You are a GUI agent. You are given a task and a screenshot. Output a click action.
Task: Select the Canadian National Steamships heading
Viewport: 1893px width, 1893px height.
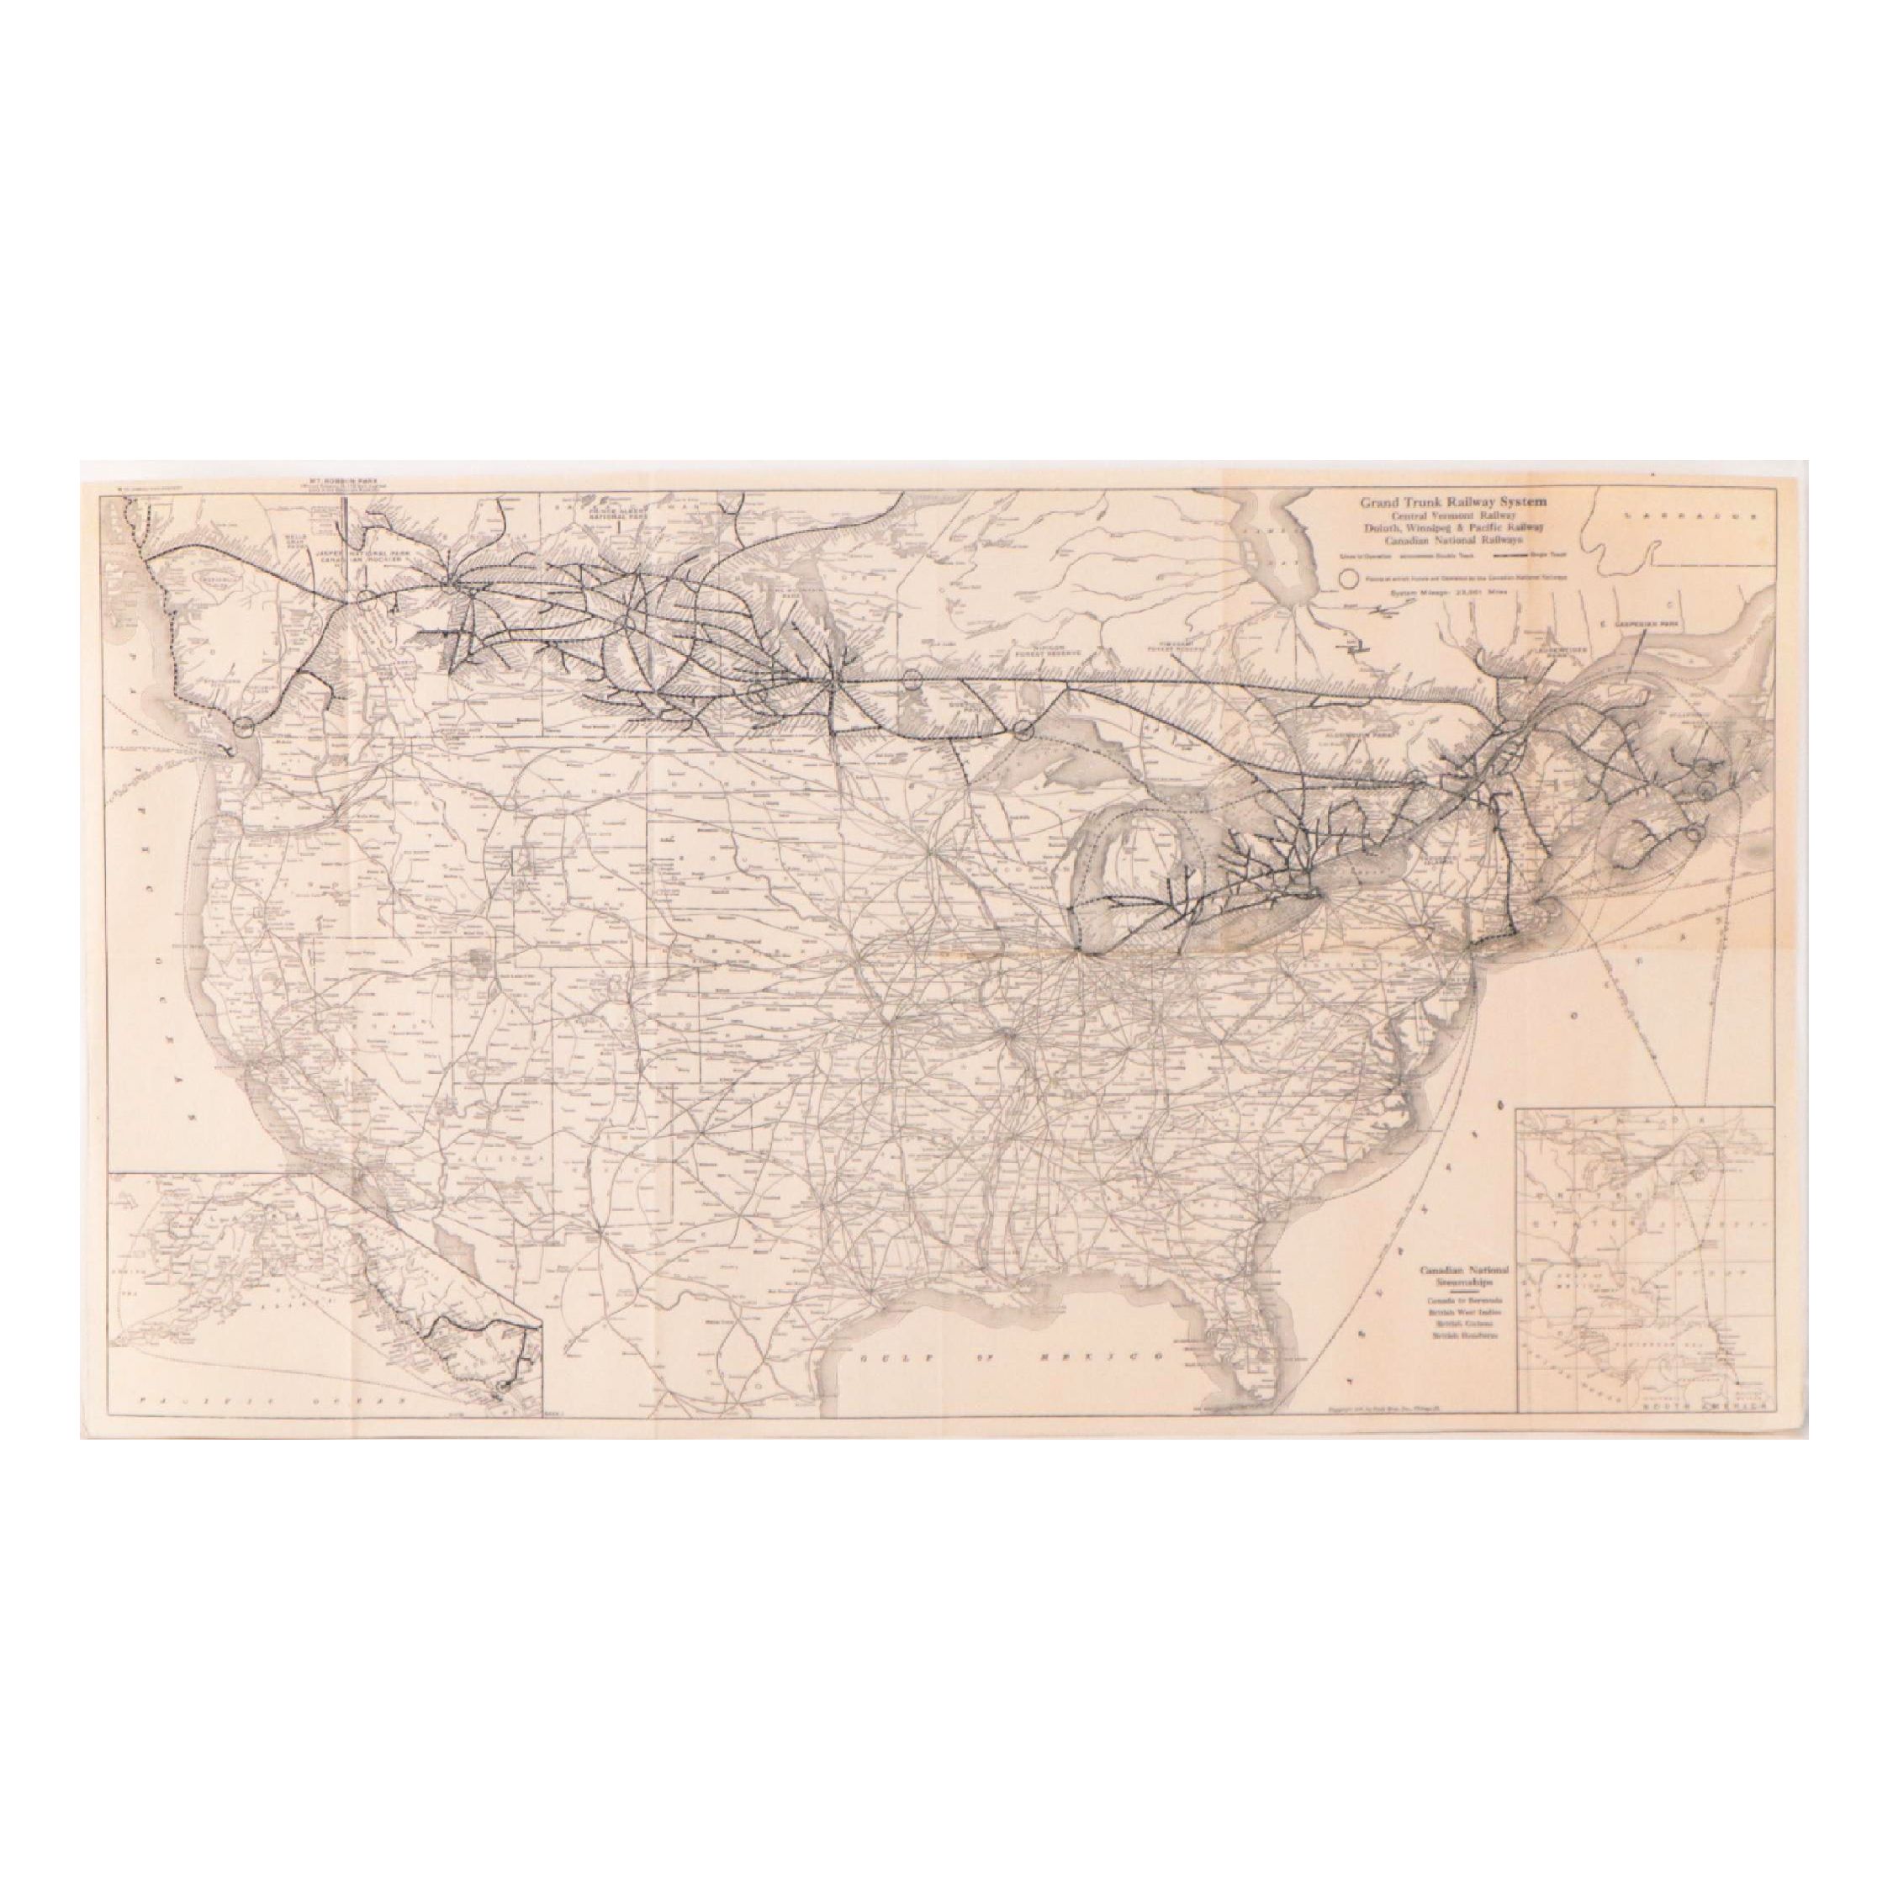pos(1464,1276)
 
